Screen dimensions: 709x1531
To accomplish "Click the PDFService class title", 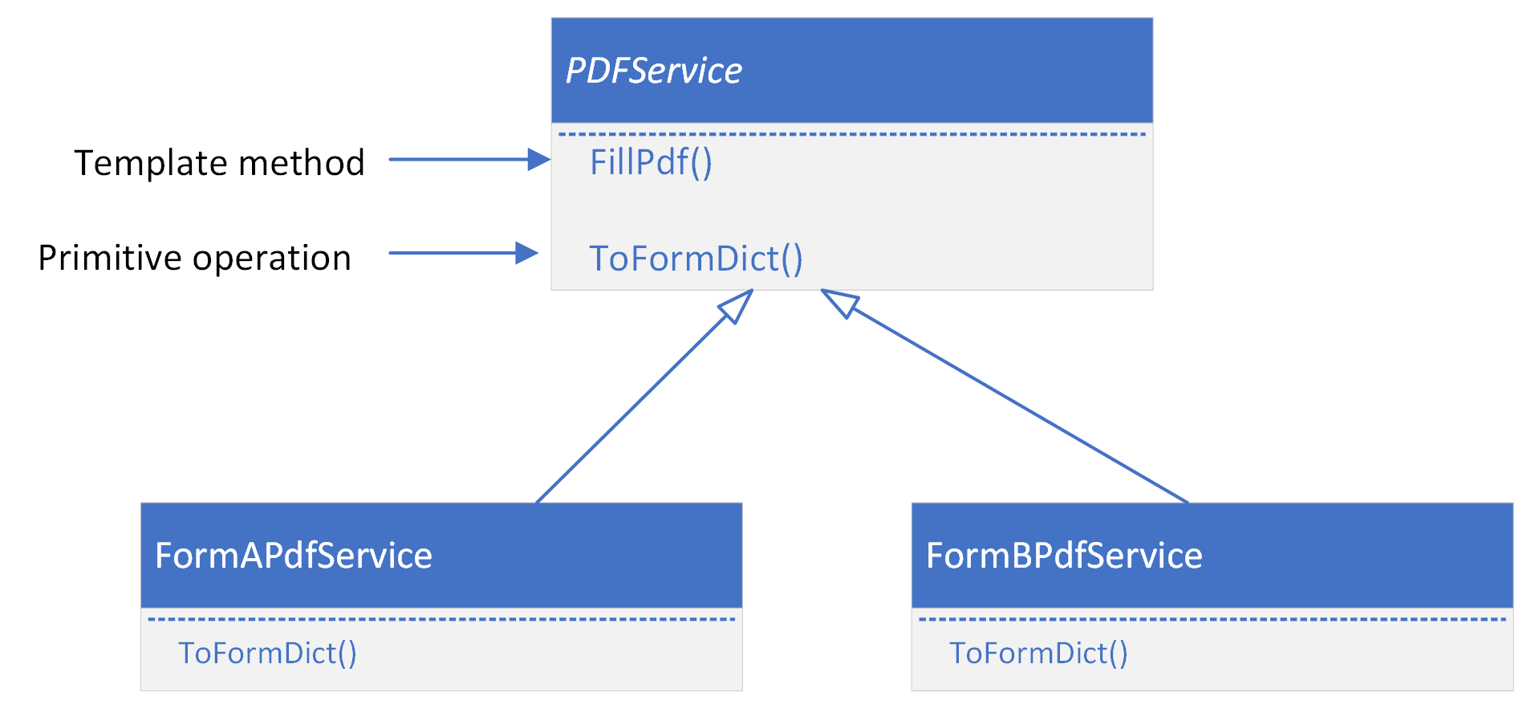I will pos(654,71).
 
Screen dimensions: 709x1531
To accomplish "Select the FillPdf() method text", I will pos(651,162).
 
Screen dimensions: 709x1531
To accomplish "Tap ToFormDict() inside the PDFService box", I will pos(696,259).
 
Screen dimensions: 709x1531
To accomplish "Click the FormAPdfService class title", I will pos(293,556).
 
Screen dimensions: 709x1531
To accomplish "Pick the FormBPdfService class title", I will pos(1064,556).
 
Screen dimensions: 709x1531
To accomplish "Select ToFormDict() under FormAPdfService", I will pos(267,653).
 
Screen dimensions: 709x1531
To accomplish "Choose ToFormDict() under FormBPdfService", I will pos(1038,653).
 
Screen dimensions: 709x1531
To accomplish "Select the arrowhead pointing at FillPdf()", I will pos(538,159).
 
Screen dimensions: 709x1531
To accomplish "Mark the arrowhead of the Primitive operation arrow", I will pos(526,253).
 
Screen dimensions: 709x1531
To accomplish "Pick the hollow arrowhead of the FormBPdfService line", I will pos(839,302).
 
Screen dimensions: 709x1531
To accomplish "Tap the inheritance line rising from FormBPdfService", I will pos(1019,405).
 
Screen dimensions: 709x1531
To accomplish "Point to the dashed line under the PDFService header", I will pos(851,134).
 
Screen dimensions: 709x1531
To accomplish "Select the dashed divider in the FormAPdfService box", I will pos(441,619).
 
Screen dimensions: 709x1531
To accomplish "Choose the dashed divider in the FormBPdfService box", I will pos(1212,619).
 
